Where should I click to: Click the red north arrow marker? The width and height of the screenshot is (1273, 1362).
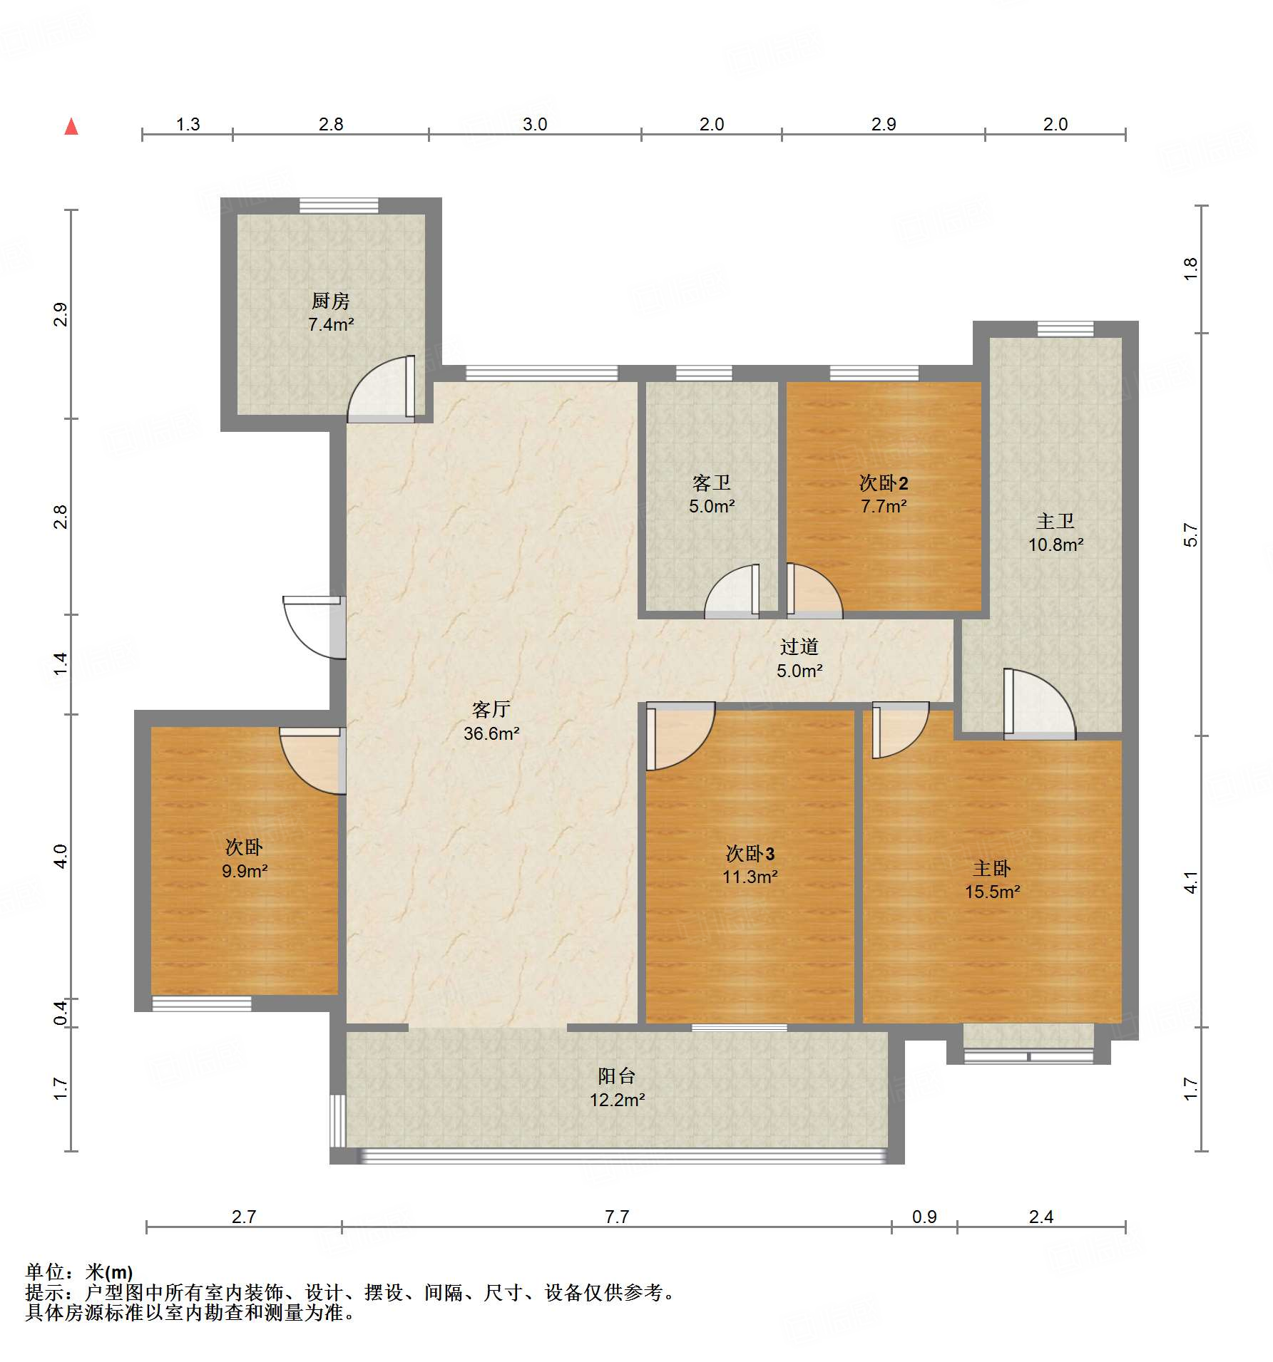pos(71,127)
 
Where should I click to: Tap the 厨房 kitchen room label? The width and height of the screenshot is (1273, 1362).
pos(331,301)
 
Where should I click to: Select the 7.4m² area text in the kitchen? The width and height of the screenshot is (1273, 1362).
pos(331,324)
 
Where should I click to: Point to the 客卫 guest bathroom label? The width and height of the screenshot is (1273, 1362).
pos(712,483)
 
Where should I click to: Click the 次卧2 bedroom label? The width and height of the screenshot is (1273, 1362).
pos(884,483)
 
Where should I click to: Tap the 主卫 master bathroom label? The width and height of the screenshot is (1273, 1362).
pos(1055,521)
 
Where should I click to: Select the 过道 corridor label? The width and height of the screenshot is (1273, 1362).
pos(799,646)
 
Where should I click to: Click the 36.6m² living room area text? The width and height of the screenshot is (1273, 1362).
pos(491,733)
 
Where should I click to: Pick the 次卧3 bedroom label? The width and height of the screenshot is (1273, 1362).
pos(750,853)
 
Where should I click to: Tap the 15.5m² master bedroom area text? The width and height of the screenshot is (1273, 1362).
pos(993,892)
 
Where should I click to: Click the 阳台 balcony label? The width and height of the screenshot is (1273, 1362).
pos(617,1075)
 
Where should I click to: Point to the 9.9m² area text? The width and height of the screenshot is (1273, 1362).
pos(245,871)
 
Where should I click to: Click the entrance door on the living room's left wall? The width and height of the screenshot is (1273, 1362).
pos(315,627)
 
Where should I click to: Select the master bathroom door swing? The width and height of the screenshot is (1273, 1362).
pos(1040,703)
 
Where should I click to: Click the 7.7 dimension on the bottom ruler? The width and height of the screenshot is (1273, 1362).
pos(617,1217)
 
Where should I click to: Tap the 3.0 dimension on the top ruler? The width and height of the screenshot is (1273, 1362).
pos(535,124)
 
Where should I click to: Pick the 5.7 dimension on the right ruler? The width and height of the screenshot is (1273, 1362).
pos(1190,535)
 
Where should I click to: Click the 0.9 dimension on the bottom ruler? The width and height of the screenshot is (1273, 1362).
pos(924,1217)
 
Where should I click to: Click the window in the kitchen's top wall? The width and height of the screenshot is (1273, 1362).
pos(339,206)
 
